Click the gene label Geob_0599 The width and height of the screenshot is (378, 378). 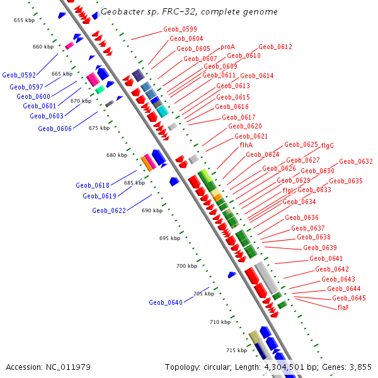pos(180,29)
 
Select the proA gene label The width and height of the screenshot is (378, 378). pos(227,47)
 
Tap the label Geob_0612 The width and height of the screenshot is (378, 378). pos(275,47)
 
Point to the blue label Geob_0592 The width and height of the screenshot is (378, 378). pos(18,75)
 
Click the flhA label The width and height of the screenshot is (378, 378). pos(246,145)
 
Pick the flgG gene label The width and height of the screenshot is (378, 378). pos(327,146)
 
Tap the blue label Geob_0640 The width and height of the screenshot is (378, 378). pos(166,302)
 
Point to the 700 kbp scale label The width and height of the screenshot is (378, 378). pos(186,266)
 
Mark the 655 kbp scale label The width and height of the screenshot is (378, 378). pos(24,20)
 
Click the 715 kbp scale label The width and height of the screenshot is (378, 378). pos(236,350)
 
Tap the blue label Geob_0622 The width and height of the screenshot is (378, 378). pos(109,210)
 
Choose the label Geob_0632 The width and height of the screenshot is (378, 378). pos(356,161)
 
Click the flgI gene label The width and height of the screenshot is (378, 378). pos(288,190)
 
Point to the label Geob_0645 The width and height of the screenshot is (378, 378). pos(348,298)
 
